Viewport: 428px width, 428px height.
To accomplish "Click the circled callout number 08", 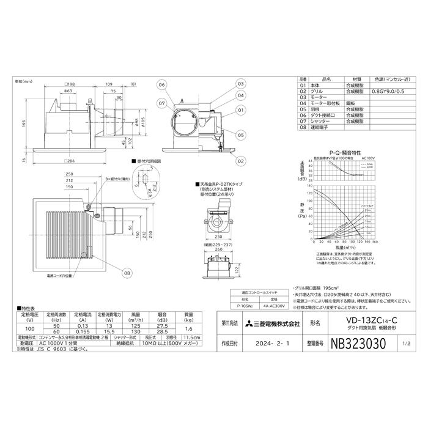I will tap(127, 273).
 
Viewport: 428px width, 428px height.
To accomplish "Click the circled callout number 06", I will tap(161, 84).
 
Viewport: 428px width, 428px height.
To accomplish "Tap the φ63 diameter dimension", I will tap(69, 90).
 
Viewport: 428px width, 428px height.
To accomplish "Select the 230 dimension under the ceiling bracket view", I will tap(218, 238).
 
